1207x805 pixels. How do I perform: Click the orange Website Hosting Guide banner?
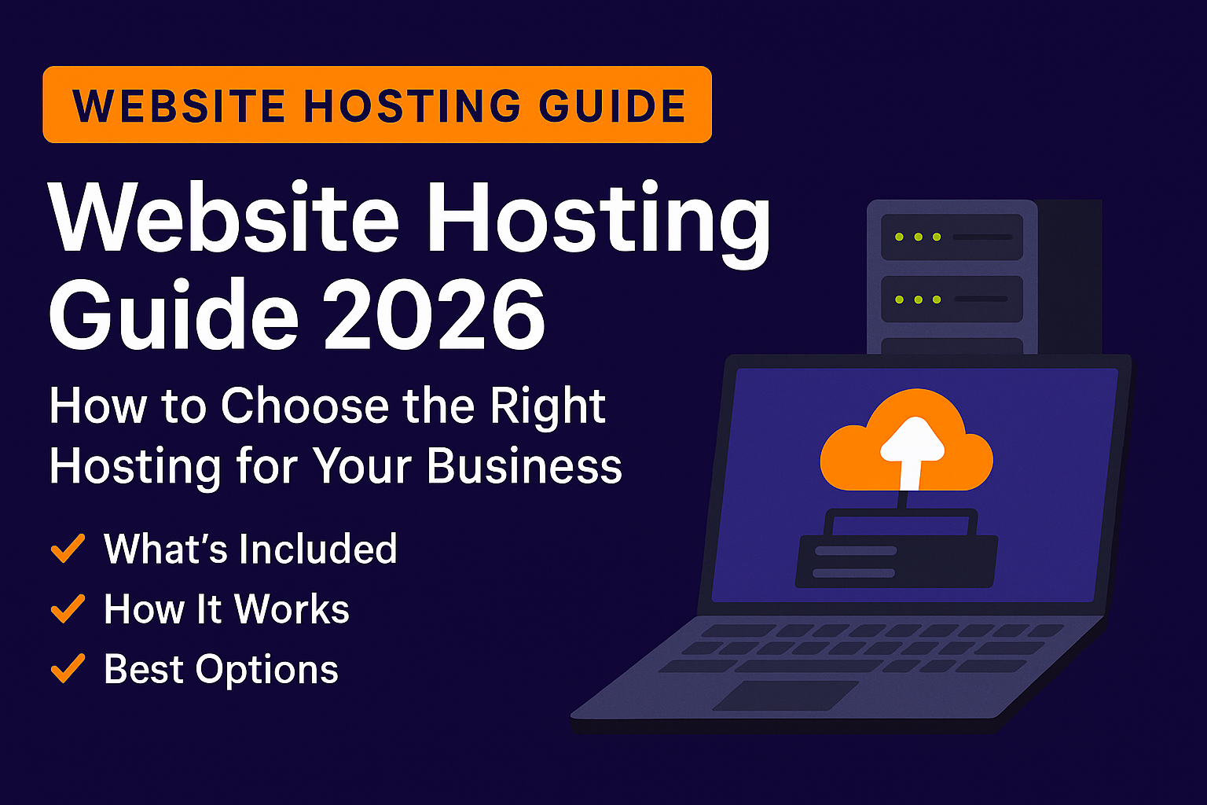click(x=377, y=105)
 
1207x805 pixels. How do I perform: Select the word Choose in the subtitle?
click(x=306, y=407)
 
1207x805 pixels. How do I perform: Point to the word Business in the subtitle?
click(x=524, y=467)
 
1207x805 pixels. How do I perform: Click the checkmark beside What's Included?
click(x=68, y=549)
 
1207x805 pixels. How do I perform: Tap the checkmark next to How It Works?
click(x=68, y=609)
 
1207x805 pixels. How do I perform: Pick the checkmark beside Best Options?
click(x=68, y=669)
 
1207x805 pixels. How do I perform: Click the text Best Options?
click(x=221, y=670)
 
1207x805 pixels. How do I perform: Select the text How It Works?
click(x=226, y=609)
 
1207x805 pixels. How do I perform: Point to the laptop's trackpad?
click(x=786, y=696)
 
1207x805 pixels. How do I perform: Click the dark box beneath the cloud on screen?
click(x=897, y=560)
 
